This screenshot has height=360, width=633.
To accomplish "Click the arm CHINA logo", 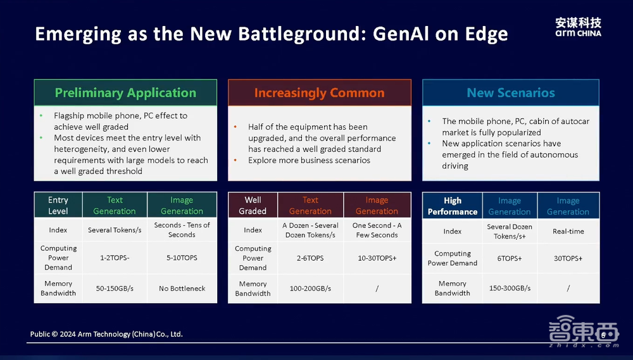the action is tap(578, 27).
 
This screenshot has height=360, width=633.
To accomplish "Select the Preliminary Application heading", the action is tap(125, 93).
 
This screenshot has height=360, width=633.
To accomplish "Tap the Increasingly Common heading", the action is tap(319, 93).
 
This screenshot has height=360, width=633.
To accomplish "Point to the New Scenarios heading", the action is tap(511, 93).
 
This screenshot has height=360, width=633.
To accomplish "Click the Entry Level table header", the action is tap(58, 206).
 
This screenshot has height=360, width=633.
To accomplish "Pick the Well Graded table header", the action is tap(253, 206).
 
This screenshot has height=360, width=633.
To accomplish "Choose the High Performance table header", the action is tap(453, 206).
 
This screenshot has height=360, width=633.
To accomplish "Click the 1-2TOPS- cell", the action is tap(115, 258).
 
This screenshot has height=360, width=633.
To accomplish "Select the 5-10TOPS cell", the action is tap(182, 258).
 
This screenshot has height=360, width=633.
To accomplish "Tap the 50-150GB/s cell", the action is tap(115, 289).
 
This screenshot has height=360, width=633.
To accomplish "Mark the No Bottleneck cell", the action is tap(182, 289).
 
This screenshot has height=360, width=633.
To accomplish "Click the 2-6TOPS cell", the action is tap(310, 258).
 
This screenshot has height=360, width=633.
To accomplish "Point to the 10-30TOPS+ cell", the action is tap(377, 258).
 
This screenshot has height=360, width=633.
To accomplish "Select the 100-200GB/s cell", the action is tap(310, 289).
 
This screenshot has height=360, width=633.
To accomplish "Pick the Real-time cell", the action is tap(568, 232).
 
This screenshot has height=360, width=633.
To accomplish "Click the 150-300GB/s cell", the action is tap(510, 288).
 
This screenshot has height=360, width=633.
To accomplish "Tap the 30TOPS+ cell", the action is tap(568, 258).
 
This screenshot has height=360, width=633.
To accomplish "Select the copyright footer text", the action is tap(106, 334).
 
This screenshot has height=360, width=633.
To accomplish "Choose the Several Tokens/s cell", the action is tap(115, 230).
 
